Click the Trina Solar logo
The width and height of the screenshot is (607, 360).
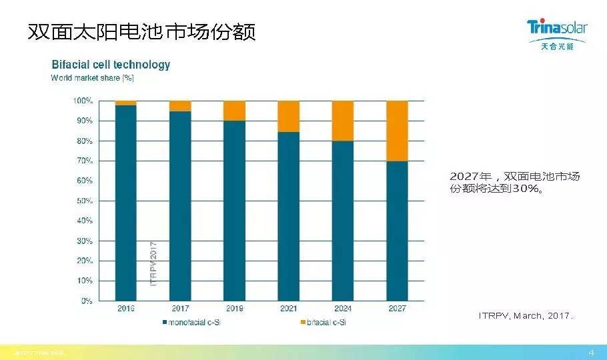pyautogui.click(x=556, y=33)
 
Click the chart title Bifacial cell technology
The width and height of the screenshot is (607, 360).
pyautogui.click(x=111, y=65)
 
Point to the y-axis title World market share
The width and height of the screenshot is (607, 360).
pyautogui.click(x=93, y=78)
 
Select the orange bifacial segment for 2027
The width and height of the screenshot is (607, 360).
pyautogui.click(x=397, y=131)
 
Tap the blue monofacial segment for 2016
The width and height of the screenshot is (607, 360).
pyautogui.click(x=126, y=203)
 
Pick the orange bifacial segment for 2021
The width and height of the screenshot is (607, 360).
pyautogui.click(x=289, y=116)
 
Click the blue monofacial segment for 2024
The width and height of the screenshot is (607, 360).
pyautogui.click(x=343, y=220)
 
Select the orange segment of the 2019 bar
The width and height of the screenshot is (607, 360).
pyautogui.click(x=234, y=110)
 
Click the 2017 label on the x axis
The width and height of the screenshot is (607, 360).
pyautogui.click(x=180, y=309)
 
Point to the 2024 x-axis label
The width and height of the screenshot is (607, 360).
pyautogui.click(x=343, y=309)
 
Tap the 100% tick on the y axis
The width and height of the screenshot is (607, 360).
pyautogui.click(x=83, y=101)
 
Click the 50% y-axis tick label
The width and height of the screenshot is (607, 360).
pyautogui.click(x=85, y=201)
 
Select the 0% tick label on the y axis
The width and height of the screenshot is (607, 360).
pyautogui.click(x=87, y=301)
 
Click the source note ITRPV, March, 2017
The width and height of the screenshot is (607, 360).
pyautogui.click(x=526, y=315)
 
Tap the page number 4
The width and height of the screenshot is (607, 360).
pyautogui.click(x=591, y=351)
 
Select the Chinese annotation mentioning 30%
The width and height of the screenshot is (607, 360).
pyautogui.click(x=514, y=182)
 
